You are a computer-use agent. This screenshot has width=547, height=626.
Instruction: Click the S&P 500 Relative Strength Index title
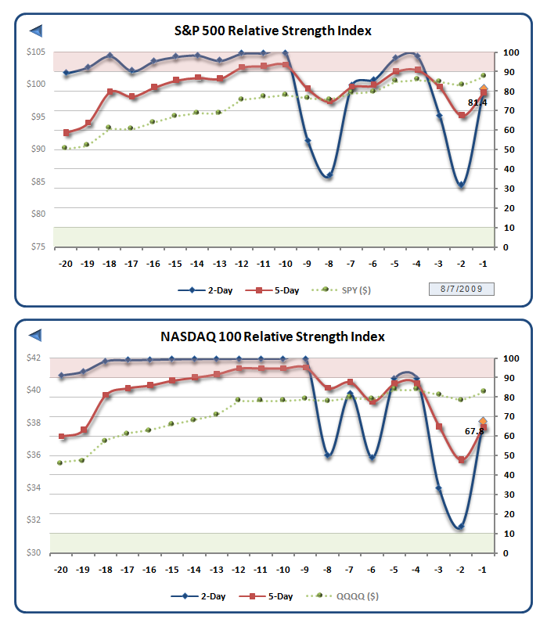(272, 31)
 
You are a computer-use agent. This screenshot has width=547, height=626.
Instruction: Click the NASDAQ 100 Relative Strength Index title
(272, 336)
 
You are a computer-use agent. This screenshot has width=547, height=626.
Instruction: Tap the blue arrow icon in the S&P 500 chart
(36, 31)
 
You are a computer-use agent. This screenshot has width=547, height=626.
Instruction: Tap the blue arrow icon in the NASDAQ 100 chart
(36, 336)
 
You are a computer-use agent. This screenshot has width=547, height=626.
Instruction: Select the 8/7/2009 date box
(461, 290)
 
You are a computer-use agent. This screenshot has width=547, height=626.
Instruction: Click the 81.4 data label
(477, 103)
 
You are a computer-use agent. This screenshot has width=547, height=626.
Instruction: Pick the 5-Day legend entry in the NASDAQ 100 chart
(274, 596)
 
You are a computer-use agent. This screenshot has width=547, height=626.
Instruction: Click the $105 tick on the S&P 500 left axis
(35, 52)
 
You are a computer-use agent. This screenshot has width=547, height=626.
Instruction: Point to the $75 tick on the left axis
(35, 246)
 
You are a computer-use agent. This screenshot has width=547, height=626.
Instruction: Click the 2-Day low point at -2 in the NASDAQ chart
(460, 527)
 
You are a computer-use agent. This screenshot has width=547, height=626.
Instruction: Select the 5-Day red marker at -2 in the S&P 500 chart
(462, 116)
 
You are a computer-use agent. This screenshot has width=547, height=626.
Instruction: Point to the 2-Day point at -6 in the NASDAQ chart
(372, 457)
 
